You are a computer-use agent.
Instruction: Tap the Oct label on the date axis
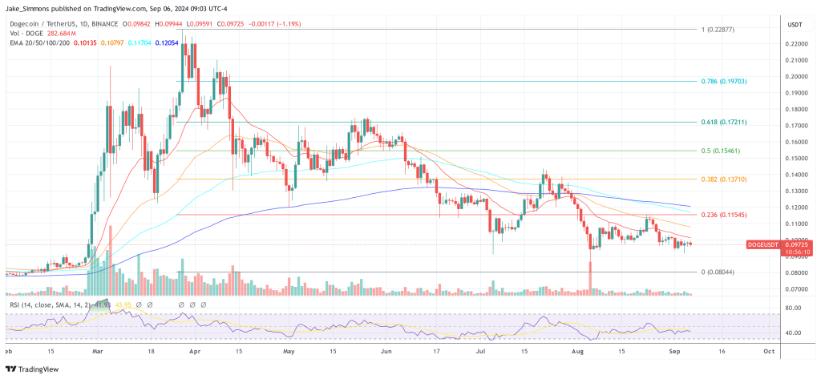click(768, 350)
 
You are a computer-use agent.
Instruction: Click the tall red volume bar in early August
click(589, 276)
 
